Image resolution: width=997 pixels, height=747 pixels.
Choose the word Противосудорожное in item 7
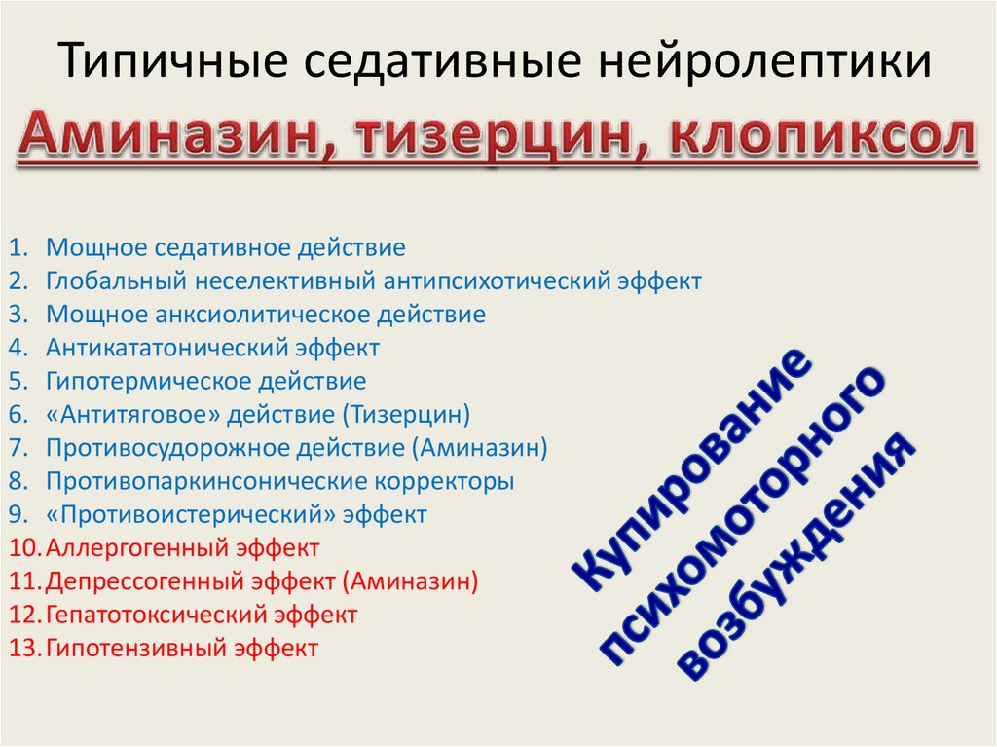[x=148, y=448]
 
